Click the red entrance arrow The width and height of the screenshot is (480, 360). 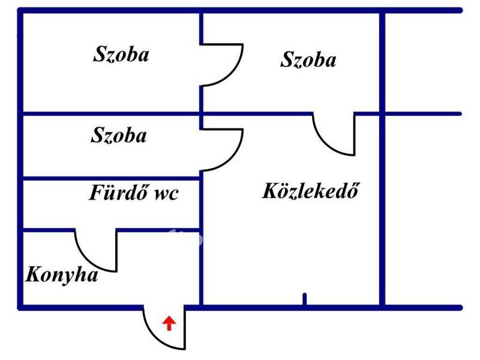tap(169, 323)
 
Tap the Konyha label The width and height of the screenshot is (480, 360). tap(61, 275)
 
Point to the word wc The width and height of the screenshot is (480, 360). tap(166, 195)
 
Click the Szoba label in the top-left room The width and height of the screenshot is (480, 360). tap(121, 54)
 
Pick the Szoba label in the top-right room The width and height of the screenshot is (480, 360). tap(308, 60)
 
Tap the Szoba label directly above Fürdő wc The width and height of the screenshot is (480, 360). tap(119, 135)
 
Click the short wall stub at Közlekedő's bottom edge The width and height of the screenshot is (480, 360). tap(304, 300)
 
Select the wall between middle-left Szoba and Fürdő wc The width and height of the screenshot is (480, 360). tap(112, 178)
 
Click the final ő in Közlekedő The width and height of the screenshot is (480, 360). tap(353, 190)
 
